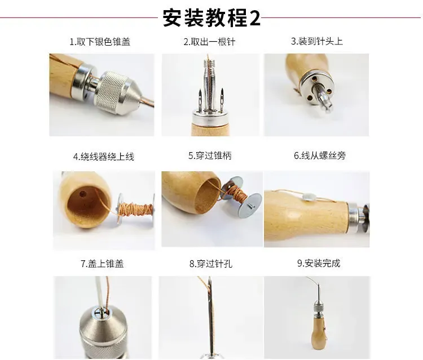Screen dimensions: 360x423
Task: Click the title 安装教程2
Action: [211, 18]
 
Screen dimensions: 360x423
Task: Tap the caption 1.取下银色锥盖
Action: [100, 42]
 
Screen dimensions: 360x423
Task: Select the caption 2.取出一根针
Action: [210, 42]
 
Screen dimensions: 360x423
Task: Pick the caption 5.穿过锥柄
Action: [210, 155]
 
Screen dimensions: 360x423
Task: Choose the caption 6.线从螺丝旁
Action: [319, 155]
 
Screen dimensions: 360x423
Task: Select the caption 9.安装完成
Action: [319, 263]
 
